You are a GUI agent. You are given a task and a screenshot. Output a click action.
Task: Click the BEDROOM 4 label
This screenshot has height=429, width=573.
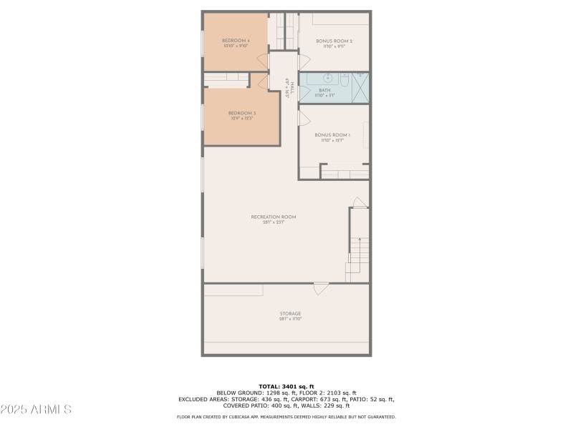(236, 41)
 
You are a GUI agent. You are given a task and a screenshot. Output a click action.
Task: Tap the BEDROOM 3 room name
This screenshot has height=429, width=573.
(242, 113)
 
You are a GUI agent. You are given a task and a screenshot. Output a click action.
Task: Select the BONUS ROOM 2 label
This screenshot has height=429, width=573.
(334, 41)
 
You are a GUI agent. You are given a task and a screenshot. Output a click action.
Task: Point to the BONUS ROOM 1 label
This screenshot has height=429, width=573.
(332, 135)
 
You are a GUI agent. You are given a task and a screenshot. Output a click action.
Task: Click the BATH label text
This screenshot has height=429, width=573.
(324, 90)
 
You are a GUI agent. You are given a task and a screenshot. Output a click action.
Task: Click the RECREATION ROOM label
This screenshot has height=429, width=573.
(273, 217)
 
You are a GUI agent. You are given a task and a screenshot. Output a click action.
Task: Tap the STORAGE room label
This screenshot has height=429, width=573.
(290, 313)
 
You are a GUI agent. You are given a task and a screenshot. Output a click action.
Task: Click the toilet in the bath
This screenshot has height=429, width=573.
(345, 80)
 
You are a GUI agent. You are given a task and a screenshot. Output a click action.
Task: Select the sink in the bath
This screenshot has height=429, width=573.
(327, 78)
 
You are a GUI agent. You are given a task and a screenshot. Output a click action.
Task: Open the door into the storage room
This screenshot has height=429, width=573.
(322, 288)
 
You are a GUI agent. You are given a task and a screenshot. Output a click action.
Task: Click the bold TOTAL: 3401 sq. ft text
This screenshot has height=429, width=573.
(286, 386)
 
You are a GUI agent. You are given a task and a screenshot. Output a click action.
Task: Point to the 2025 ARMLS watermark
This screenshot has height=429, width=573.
(36, 410)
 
